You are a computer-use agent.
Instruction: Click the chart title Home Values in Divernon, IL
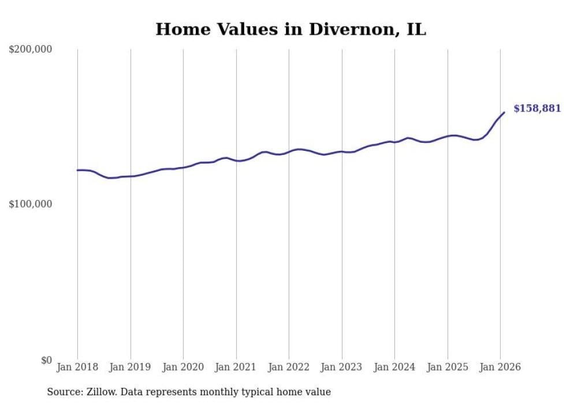pyautogui.click(x=291, y=29)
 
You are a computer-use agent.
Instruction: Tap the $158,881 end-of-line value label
pyautogui.click(x=537, y=109)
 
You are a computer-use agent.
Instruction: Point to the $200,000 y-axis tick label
pyautogui.click(x=31, y=50)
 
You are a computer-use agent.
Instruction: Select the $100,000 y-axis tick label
pyautogui.click(x=31, y=205)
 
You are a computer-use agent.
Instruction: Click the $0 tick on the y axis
pyautogui.click(x=46, y=361)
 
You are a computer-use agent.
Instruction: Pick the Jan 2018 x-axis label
pyautogui.click(x=77, y=367)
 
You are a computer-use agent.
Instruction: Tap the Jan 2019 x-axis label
pyautogui.click(x=131, y=367)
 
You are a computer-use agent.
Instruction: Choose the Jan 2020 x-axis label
pyautogui.click(x=183, y=367)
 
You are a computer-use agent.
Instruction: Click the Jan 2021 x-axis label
pyautogui.click(x=236, y=367)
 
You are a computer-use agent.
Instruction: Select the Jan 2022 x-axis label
pyautogui.click(x=289, y=367)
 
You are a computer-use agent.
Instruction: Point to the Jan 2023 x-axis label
pyautogui.click(x=342, y=367)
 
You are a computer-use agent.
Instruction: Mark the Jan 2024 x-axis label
pyautogui.click(x=394, y=367)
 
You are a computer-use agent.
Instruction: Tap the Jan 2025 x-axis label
pyautogui.click(x=448, y=367)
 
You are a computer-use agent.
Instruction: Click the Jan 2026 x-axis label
pyautogui.click(x=500, y=367)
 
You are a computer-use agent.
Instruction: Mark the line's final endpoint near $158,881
pyautogui.click(x=504, y=112)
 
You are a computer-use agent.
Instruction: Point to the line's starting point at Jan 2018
pyautogui.click(x=77, y=170)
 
